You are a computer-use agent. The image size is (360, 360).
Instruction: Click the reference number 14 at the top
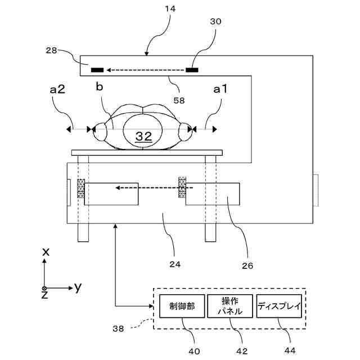170,9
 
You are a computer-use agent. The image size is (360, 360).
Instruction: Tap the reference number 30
216,21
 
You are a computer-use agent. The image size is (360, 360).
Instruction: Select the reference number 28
51,50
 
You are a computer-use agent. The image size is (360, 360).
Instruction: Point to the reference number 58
179,100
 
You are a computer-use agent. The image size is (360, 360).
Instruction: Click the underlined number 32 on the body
144,136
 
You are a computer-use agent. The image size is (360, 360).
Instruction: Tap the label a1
220,89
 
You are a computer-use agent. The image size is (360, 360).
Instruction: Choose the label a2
57,89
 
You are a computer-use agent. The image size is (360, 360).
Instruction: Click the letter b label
100,87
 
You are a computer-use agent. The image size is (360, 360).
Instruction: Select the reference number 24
175,264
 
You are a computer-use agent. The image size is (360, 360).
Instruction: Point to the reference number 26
247,265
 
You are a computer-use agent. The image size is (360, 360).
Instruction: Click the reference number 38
118,328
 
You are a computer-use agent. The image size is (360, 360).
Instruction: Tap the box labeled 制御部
182,306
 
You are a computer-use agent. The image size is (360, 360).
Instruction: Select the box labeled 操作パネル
230,306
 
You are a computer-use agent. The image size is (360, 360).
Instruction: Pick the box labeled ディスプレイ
279,306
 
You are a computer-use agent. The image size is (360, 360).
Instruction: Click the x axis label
46,252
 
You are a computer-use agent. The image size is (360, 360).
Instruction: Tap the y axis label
78,287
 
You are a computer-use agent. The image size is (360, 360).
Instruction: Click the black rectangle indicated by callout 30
192,70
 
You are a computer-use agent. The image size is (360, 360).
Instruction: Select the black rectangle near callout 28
97,70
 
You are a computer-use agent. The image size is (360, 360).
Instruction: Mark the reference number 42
242,351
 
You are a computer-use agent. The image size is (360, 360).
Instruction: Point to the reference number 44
290,350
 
